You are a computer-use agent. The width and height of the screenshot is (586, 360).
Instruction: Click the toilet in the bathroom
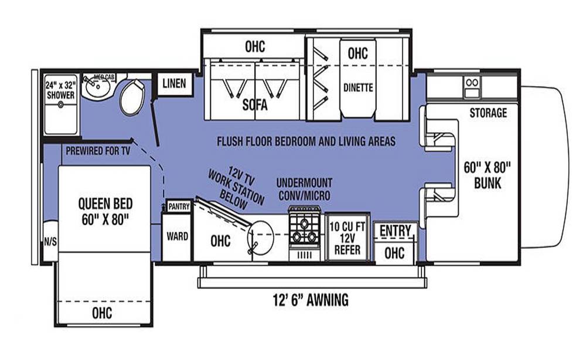point(132,97)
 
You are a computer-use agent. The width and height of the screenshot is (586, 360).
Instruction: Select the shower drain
point(60,106)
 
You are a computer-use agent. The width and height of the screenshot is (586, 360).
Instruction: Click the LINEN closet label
point(174,83)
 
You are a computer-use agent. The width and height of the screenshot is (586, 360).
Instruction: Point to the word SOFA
point(255,104)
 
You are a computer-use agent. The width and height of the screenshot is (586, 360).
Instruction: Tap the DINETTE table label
point(358,87)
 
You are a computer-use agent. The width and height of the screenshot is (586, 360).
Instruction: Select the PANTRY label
point(179,206)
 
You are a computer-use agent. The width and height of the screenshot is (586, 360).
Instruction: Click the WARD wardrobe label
point(177,236)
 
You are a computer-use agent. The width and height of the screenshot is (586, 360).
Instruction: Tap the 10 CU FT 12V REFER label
point(347,238)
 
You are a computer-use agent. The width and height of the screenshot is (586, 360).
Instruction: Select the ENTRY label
point(395,231)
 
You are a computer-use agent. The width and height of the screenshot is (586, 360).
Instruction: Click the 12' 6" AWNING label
point(311,300)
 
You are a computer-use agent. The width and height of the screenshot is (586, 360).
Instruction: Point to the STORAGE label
point(488,113)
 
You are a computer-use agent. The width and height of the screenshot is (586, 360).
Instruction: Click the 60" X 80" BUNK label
point(488,175)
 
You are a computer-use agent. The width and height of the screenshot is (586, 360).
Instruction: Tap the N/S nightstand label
point(50,242)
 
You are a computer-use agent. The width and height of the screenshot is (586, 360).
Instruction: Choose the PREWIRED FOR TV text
point(98,151)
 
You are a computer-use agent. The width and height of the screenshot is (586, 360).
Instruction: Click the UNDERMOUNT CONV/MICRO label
point(304,189)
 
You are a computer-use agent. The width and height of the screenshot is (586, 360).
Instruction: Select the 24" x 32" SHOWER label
point(60,90)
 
